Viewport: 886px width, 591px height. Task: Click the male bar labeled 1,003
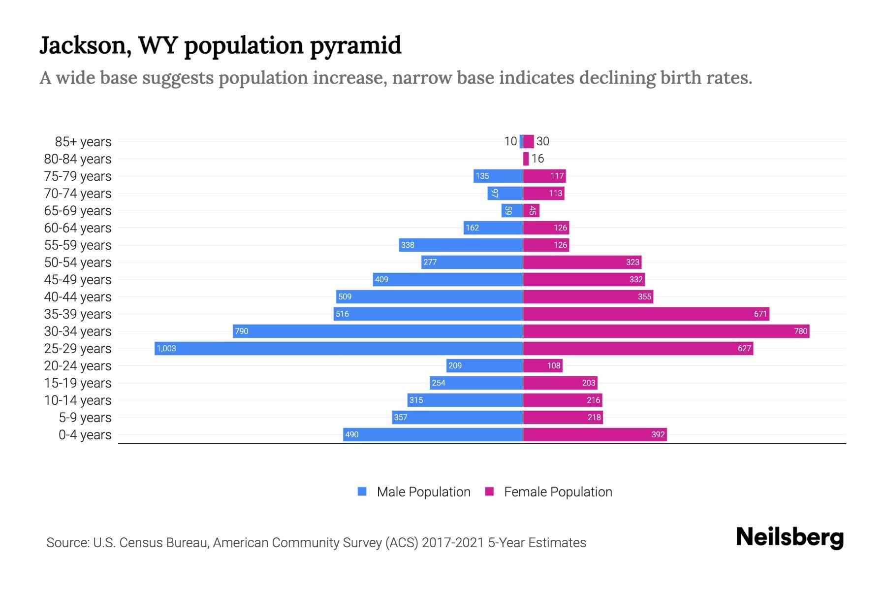339,348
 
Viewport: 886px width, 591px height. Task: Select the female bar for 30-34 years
666,331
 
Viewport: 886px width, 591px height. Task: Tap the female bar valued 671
646,314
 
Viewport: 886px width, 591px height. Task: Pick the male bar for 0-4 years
433,434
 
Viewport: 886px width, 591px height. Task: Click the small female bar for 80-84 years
526,159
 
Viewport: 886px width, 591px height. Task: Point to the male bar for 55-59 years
461,245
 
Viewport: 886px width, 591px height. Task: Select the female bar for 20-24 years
542,365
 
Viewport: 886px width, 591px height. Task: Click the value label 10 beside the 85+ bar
510,141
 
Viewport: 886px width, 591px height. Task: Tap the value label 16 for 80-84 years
538,159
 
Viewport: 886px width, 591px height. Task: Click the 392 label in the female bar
658,434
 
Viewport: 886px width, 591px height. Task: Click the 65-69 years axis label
78,211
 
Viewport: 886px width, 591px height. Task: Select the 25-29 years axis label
78,349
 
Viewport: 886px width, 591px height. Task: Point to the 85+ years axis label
83,142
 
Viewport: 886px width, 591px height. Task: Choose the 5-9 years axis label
85,418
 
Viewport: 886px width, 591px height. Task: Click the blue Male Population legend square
362,492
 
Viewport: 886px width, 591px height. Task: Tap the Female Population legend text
558,492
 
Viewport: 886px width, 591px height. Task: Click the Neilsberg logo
790,537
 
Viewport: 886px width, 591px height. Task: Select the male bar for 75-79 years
498,176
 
